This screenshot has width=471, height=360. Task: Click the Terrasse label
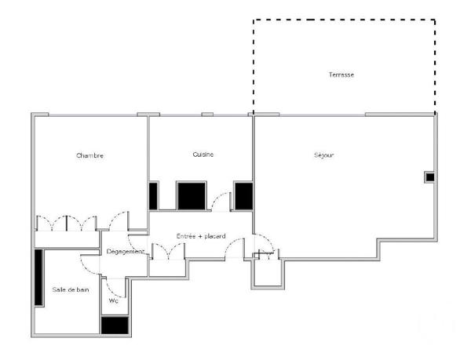click(x=341, y=75)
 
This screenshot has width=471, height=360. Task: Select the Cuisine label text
click(x=203, y=155)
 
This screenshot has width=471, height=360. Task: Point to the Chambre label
click(x=89, y=155)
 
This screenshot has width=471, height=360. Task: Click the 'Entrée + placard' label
click(x=201, y=235)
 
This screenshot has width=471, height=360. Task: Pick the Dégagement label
click(x=126, y=252)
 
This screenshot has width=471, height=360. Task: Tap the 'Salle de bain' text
click(x=71, y=289)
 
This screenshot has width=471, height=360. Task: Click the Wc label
click(x=113, y=300)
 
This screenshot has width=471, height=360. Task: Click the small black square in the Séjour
click(x=429, y=177)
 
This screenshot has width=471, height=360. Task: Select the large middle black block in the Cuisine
click(x=191, y=195)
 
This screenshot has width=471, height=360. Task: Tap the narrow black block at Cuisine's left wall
click(x=153, y=195)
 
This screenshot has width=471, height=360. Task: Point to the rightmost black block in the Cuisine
click(x=243, y=195)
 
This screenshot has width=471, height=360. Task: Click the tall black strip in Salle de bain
click(x=38, y=277)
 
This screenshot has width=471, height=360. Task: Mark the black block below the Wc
click(x=115, y=324)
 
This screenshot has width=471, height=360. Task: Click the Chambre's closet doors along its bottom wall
click(x=67, y=223)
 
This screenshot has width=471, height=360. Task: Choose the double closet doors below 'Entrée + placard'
click(x=167, y=251)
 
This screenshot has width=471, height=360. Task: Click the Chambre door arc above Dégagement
click(x=119, y=222)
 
